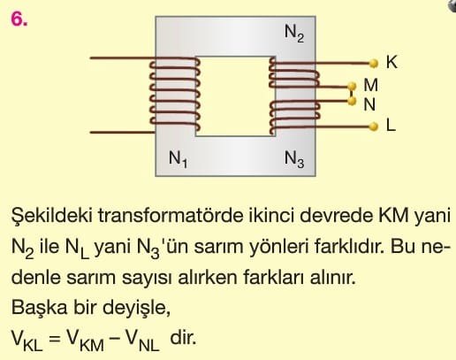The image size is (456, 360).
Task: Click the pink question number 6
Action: pos(19,19)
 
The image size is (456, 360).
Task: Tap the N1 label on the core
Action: pos(178,159)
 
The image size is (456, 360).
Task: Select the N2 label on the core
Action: pos(294,33)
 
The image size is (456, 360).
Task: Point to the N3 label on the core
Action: pos(294,159)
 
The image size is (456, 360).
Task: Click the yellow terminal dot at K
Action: pos(374,64)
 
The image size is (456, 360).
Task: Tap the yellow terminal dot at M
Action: pos(352,87)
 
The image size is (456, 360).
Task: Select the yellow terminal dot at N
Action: pos(352,101)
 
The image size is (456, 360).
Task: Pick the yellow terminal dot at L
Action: pos(374,126)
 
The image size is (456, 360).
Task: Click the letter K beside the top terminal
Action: pos(391,63)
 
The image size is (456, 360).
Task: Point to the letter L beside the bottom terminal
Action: pos(391,126)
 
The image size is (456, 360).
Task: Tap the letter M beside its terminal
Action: pos(371,86)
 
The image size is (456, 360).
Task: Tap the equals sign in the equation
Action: pos(55,339)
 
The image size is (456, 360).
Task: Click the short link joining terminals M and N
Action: pos(352,94)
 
